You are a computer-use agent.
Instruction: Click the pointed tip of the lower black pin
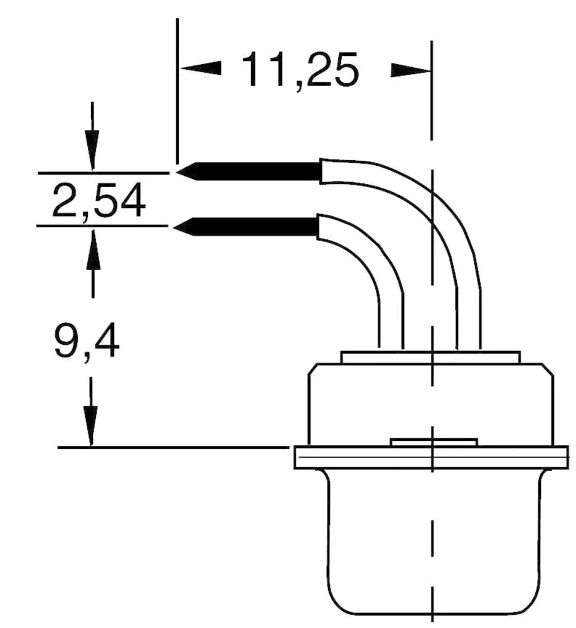(x=181, y=227)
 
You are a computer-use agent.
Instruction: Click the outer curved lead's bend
(x=439, y=207)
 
